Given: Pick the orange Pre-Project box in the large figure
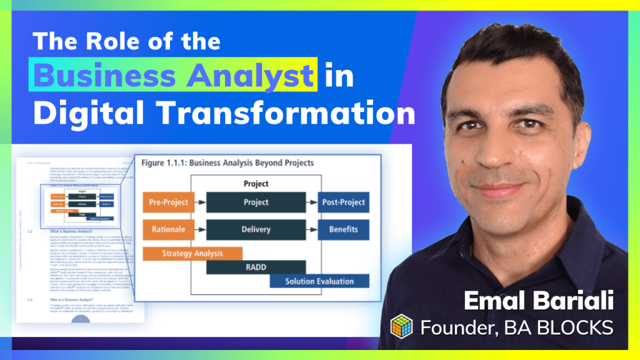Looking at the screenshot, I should (166, 202).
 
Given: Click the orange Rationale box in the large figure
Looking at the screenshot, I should (166, 229).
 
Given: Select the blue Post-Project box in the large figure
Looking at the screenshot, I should (343, 202).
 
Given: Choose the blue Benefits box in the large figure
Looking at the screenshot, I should (343, 229).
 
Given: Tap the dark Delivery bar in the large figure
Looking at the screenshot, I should (256, 229).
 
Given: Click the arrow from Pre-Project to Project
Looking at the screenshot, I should (197, 202).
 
